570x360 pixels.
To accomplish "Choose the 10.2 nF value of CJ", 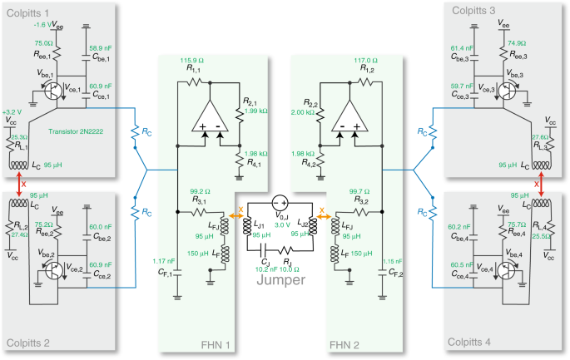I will [x=265, y=269].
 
